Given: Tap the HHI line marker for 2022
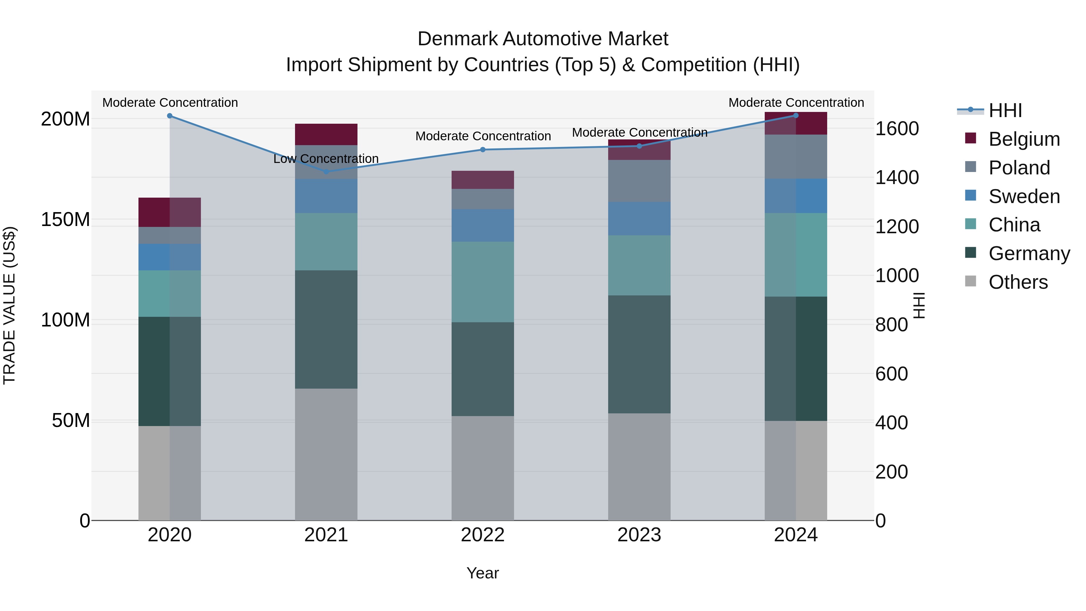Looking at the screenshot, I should pyautogui.click(x=483, y=150).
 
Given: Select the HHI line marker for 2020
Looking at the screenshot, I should pyautogui.click(x=170, y=116).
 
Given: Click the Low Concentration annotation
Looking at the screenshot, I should pyautogui.click(x=326, y=159).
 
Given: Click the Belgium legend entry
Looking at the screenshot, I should pyautogui.click(x=1024, y=139).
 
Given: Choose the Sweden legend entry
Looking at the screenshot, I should pyautogui.click(x=1024, y=196).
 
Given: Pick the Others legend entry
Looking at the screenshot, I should pyautogui.click(x=1018, y=282).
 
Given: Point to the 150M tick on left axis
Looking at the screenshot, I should pyautogui.click(x=65, y=220).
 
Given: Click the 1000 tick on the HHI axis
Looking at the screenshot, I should pyautogui.click(x=897, y=275).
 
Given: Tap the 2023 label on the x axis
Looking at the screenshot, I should pyautogui.click(x=639, y=535).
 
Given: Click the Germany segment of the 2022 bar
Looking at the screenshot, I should pyautogui.click(x=483, y=369).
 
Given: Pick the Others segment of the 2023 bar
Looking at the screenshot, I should pyautogui.click(x=639, y=466).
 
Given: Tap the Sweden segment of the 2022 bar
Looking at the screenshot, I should pyautogui.click(x=483, y=226).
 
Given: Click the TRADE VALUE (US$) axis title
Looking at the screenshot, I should pyautogui.click(x=9, y=305).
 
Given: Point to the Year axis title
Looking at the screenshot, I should pyautogui.click(x=483, y=573).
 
